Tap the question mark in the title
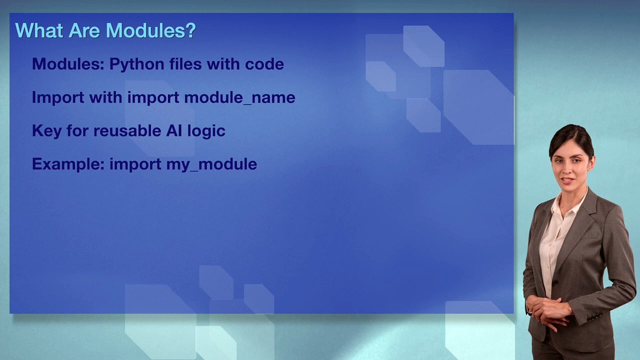point(190,30)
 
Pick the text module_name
point(239,97)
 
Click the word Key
point(46,131)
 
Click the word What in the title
point(39,30)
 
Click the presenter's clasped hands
point(550,308)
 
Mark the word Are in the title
point(84,30)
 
